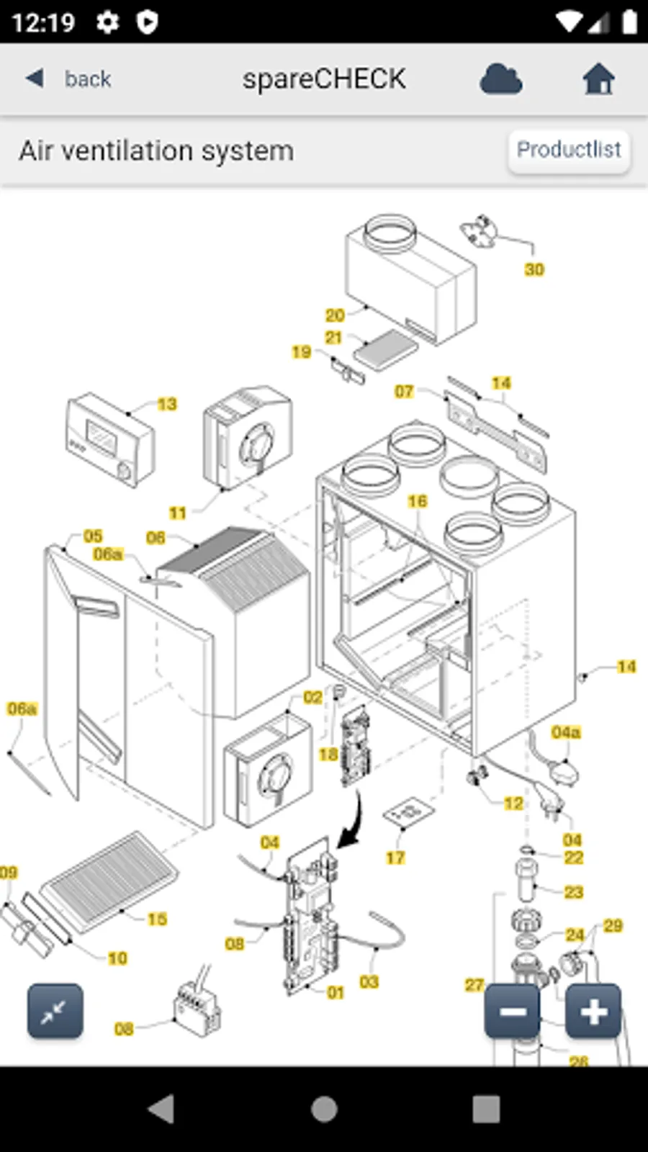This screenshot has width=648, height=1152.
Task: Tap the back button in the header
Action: coord(69,78)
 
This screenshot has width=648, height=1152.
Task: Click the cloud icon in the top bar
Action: coord(501,78)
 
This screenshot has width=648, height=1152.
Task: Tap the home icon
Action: coord(598,78)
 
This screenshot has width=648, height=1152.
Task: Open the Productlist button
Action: coord(569,150)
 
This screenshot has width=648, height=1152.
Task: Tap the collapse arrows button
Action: coord(55,1012)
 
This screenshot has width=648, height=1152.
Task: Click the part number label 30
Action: coord(534,269)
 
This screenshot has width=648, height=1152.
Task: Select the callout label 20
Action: coord(335,315)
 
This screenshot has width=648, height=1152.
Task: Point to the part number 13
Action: coord(167,404)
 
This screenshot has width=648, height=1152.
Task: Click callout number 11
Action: coord(178,513)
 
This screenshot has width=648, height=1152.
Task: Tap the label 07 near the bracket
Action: coord(404,391)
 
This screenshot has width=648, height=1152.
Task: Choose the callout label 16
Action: coord(418,500)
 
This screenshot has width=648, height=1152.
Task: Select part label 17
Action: coord(395,858)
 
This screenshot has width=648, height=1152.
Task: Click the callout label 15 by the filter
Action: coord(157,919)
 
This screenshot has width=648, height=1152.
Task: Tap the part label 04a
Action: coord(566,732)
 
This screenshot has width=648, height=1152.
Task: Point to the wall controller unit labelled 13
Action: coord(110,438)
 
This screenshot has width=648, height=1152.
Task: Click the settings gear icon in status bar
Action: coord(108,22)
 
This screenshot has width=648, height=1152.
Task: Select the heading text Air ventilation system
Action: coord(156,151)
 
